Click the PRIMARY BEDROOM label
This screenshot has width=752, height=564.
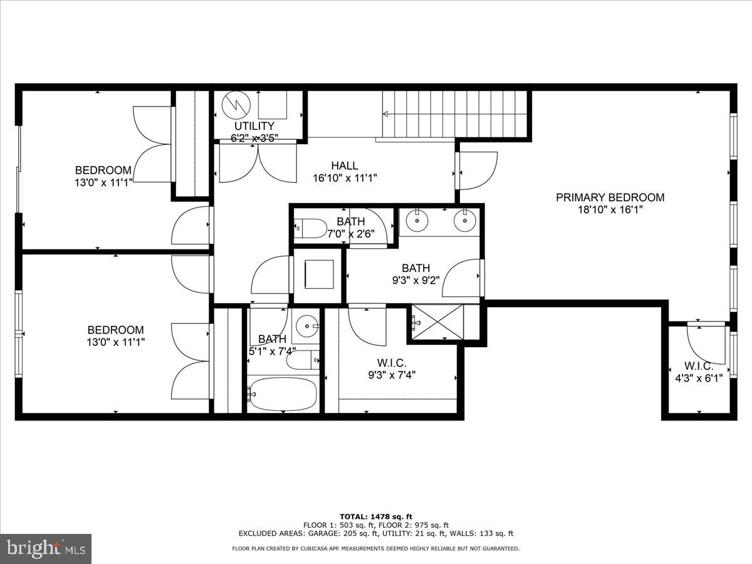point(610,197)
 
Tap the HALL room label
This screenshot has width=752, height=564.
point(345,166)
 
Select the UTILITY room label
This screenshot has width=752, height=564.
point(254,126)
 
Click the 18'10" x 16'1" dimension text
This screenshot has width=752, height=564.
point(610,210)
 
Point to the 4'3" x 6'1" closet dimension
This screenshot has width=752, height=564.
point(699,378)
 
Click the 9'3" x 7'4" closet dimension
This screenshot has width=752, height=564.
point(392,375)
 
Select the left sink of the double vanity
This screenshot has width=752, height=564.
point(417,221)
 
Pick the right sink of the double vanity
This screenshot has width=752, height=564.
point(465,221)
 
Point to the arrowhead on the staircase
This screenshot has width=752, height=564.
point(385,114)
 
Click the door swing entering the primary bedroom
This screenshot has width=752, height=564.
point(478,170)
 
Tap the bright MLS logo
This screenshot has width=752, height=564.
point(46,548)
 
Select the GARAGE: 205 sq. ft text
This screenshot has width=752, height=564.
point(351,533)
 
